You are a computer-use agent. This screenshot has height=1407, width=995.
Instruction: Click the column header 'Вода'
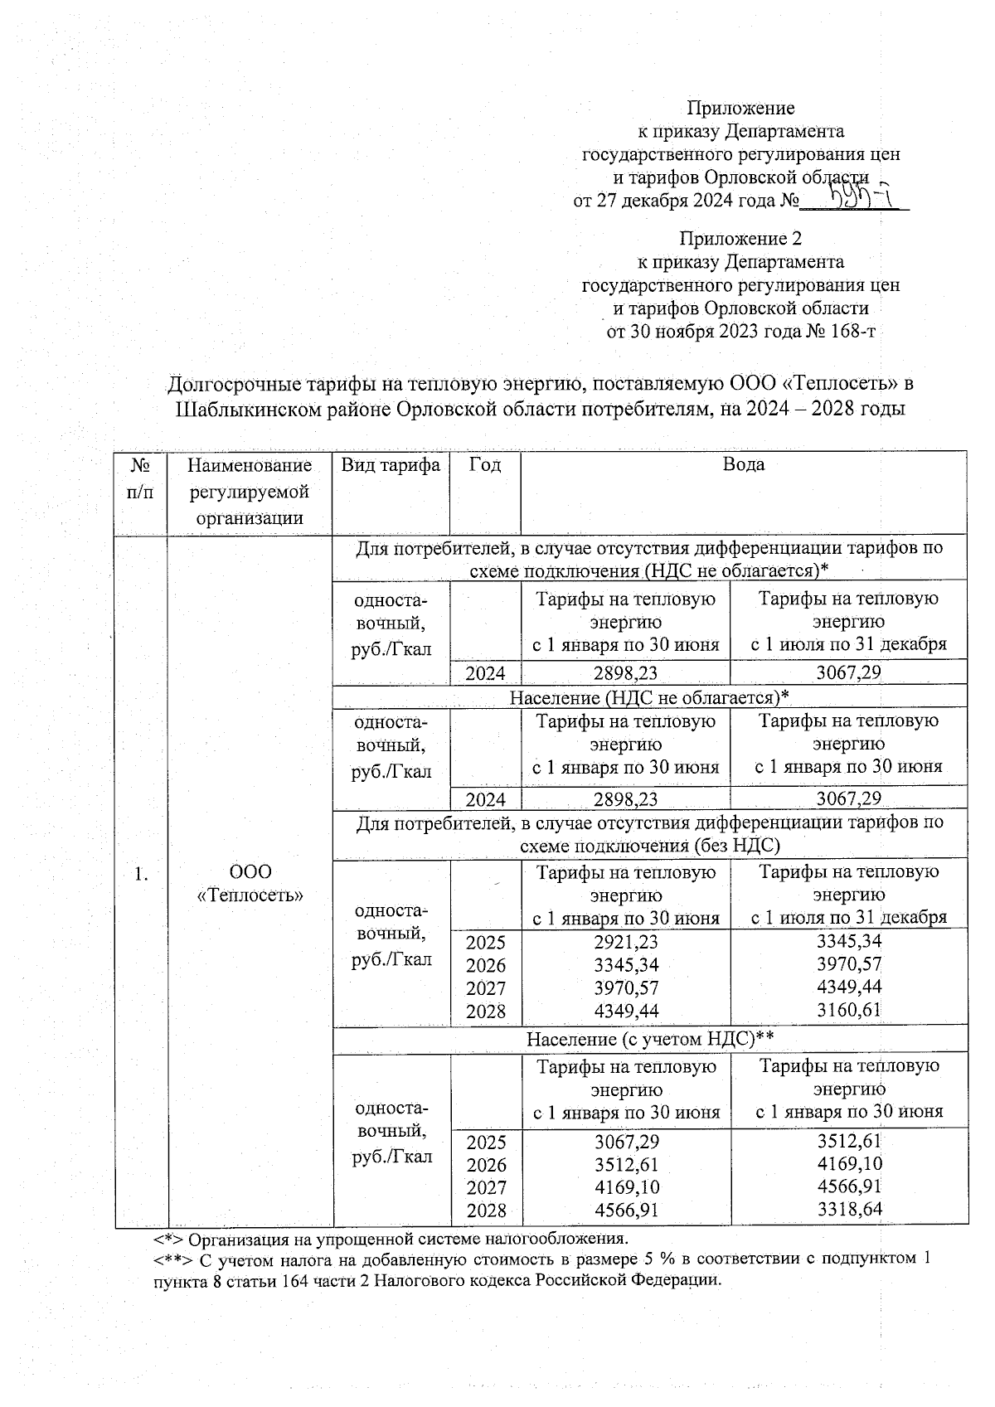point(743,464)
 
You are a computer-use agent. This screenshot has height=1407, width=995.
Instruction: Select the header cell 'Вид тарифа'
point(391,464)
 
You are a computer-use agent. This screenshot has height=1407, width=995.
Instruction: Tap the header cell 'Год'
point(485,464)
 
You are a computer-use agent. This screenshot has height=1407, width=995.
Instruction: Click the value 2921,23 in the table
point(626,942)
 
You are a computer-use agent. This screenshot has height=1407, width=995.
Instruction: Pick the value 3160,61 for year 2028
point(849,1010)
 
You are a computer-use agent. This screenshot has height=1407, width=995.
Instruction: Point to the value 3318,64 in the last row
point(849,1210)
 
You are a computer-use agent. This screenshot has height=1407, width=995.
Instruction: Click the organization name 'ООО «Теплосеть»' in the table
point(250,884)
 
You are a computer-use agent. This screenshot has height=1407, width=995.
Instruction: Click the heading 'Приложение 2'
point(740,239)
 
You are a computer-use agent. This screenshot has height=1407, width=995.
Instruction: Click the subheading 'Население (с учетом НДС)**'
point(649,1039)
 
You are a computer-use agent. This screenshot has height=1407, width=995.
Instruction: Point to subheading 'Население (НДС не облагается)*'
point(649,696)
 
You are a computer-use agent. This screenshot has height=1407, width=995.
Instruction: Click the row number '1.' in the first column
point(142,872)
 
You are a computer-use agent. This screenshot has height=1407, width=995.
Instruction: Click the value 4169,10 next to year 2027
point(626,1187)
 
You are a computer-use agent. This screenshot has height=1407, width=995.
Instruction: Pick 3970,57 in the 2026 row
point(849,964)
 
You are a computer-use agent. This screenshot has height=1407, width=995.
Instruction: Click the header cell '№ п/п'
point(141,477)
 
